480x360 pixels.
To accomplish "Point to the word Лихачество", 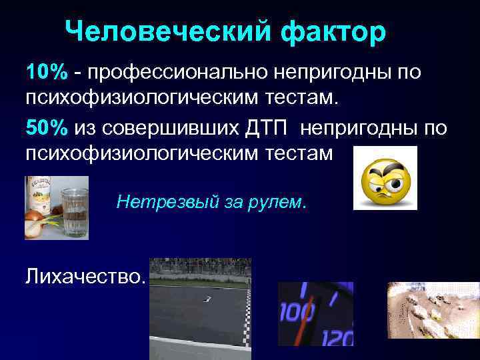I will [x=85, y=275].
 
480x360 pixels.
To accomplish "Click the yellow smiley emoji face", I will [x=385, y=179].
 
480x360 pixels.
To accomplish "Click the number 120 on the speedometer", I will [x=337, y=338].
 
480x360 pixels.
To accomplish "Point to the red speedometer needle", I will [x=305, y=291].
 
